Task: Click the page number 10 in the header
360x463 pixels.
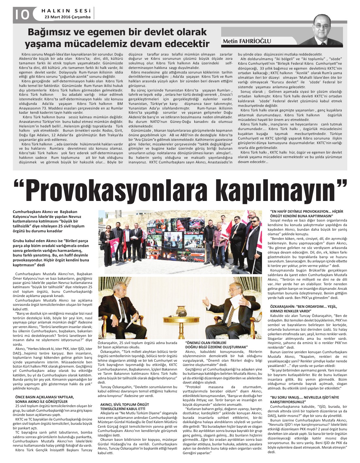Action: point(21,14)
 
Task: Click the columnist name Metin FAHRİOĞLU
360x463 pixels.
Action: point(247,41)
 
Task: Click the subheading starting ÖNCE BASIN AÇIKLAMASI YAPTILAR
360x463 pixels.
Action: point(44,399)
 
